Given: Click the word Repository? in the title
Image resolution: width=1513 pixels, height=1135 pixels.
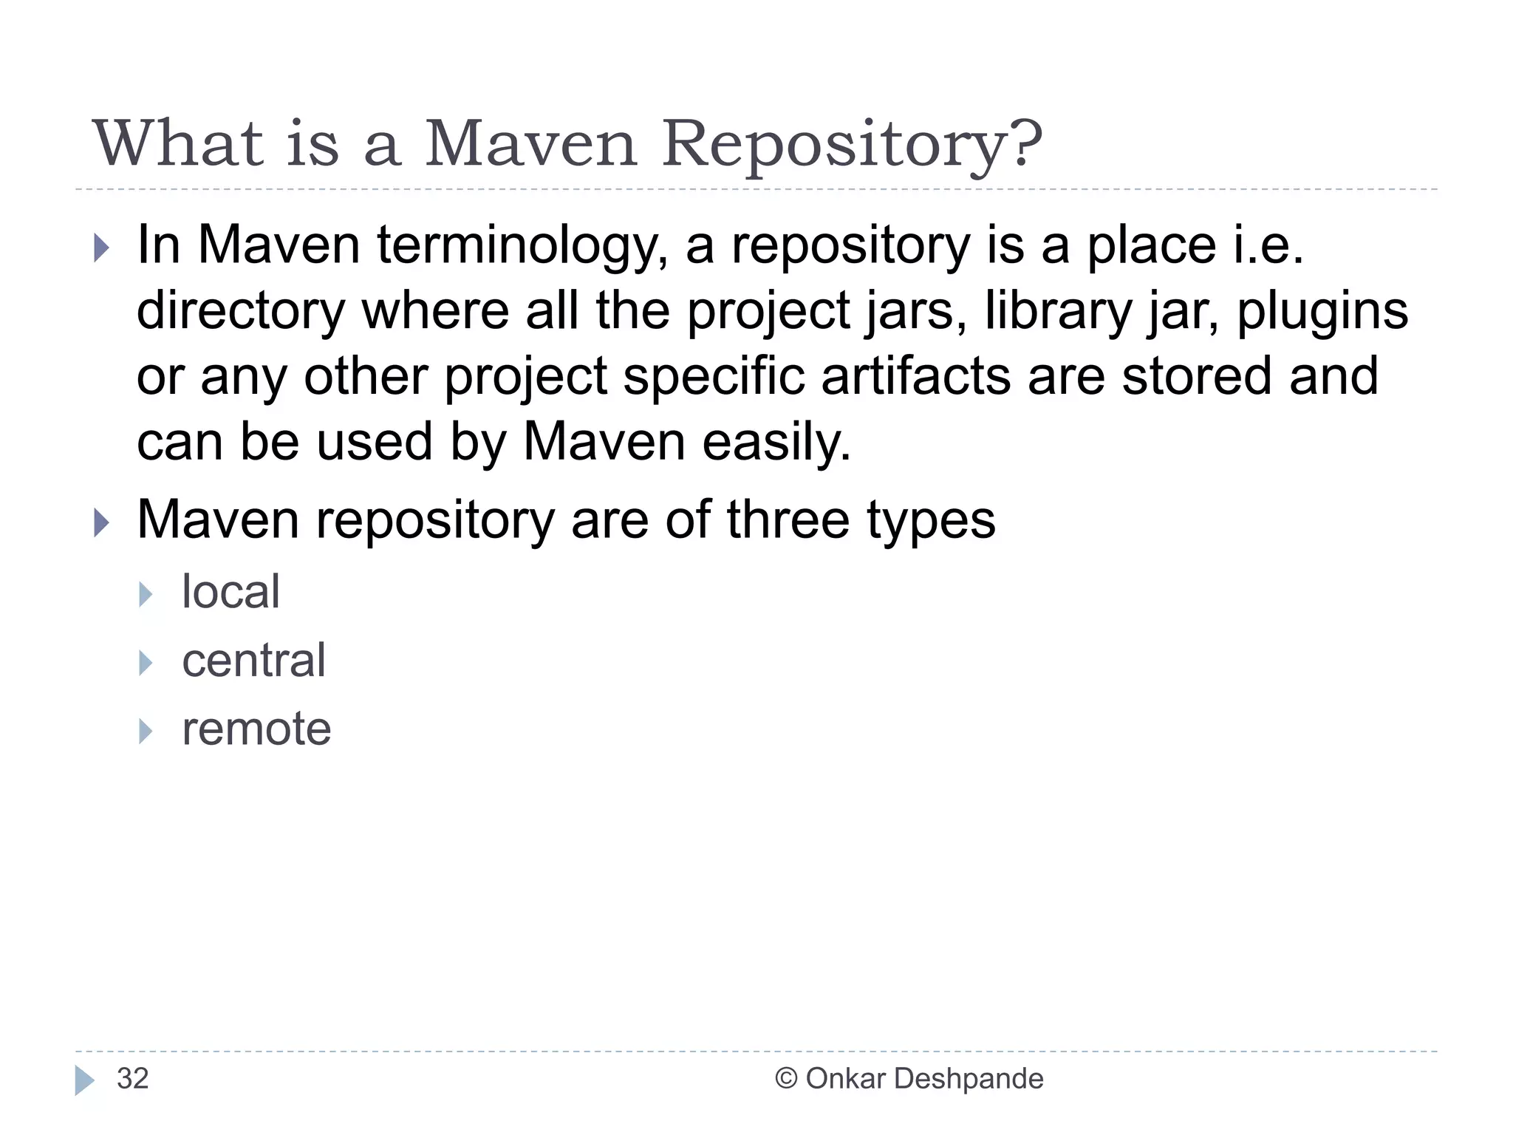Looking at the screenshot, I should (852, 145).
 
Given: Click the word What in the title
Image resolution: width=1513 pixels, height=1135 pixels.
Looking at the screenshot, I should (177, 143).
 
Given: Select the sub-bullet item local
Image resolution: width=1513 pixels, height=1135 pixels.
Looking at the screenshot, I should (230, 592).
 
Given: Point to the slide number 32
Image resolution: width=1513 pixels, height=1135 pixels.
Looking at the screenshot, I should (133, 1079).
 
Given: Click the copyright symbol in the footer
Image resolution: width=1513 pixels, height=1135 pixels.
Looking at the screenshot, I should (786, 1079).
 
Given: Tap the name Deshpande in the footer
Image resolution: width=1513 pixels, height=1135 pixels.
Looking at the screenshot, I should (969, 1079).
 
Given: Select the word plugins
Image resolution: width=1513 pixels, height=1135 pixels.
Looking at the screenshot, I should (1322, 311).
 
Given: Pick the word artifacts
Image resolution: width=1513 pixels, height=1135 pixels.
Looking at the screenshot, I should (915, 376).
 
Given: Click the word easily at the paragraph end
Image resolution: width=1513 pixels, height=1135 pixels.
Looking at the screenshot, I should (776, 442).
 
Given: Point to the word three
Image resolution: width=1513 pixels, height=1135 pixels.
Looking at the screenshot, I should (788, 519).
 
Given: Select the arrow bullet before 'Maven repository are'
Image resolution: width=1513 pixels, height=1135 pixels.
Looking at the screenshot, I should (102, 523).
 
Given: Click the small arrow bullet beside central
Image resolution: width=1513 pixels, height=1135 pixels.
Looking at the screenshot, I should (146, 663).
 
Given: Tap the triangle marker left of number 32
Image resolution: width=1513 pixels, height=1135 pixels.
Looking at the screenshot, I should (84, 1080).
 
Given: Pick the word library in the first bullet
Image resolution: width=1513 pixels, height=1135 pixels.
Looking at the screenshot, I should (1058, 311).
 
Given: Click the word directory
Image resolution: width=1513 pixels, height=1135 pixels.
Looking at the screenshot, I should (241, 311).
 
